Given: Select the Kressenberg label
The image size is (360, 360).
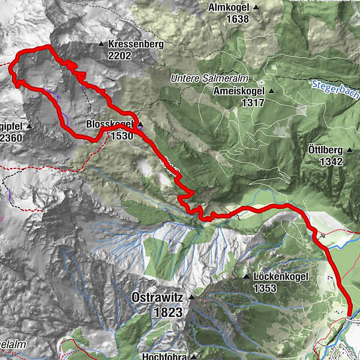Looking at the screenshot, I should click(128, 44).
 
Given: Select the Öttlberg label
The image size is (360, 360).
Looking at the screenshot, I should click(325, 149).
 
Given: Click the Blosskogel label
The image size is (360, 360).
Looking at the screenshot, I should click(109, 124).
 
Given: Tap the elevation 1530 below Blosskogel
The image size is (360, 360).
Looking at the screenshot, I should click(122, 136).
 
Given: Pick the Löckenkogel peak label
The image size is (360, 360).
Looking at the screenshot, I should click(280, 277).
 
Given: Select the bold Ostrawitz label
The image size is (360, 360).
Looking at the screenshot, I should click(157, 298).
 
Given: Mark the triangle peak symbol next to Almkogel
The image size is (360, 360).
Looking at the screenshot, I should click(256, 7).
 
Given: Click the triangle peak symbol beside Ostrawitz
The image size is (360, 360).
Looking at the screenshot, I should click(192, 298).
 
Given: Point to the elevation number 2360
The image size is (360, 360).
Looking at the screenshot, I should click(10, 137).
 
